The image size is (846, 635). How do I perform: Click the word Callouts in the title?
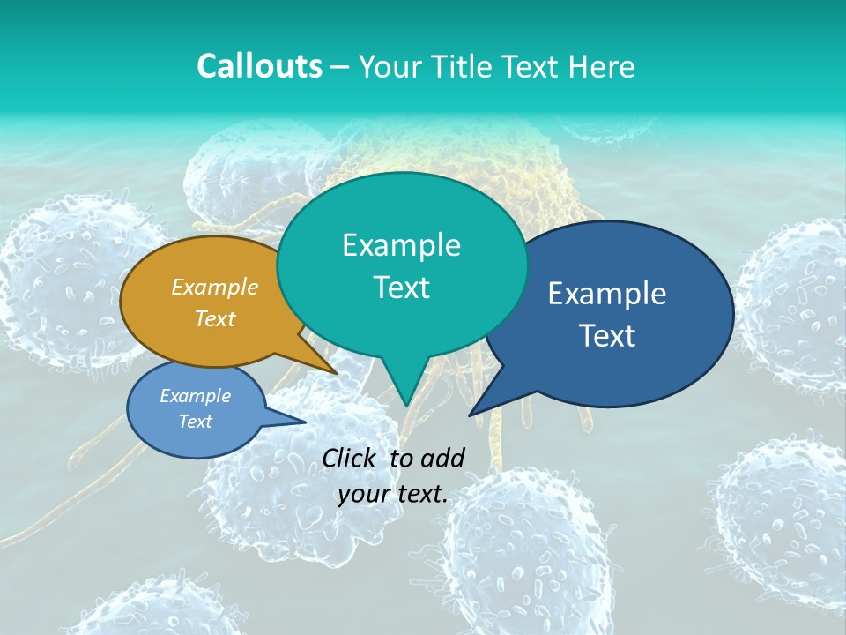pyautogui.click(x=259, y=66)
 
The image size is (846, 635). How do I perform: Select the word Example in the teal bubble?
pyautogui.click(x=401, y=245)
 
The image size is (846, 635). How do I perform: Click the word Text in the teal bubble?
pyautogui.click(x=401, y=288)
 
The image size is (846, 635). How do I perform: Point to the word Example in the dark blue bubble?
pyautogui.click(x=607, y=294)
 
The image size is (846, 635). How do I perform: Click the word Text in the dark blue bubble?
pyautogui.click(x=607, y=336)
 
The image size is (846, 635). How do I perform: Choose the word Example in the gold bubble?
pyautogui.click(x=215, y=288)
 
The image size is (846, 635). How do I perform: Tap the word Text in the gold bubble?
pyautogui.click(x=215, y=318)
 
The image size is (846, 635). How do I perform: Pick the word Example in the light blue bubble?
pyautogui.click(x=195, y=396)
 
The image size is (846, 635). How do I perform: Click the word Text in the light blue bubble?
pyautogui.click(x=195, y=422)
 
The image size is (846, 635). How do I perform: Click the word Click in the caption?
pyautogui.click(x=350, y=458)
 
